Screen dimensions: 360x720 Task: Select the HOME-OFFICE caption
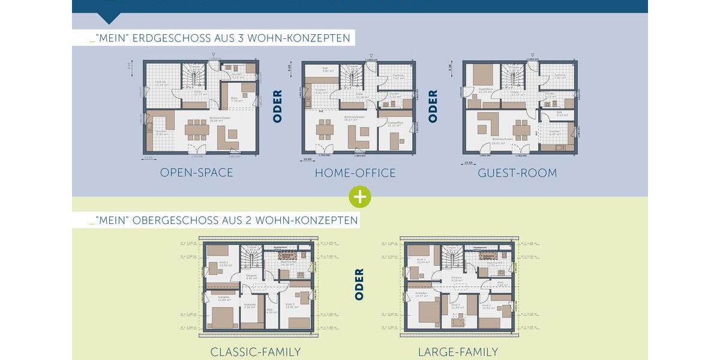point(355,173)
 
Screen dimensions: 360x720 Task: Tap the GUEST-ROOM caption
point(517,173)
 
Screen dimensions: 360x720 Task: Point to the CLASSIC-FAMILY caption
point(255,352)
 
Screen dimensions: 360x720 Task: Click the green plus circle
point(359,196)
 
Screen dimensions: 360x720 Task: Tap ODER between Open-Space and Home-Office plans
point(277,106)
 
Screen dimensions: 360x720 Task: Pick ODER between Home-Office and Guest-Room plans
point(433,106)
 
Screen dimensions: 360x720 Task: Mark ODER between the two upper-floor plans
point(359,284)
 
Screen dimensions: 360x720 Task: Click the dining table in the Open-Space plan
point(197,130)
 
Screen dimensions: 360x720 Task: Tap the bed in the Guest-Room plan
point(483,75)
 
